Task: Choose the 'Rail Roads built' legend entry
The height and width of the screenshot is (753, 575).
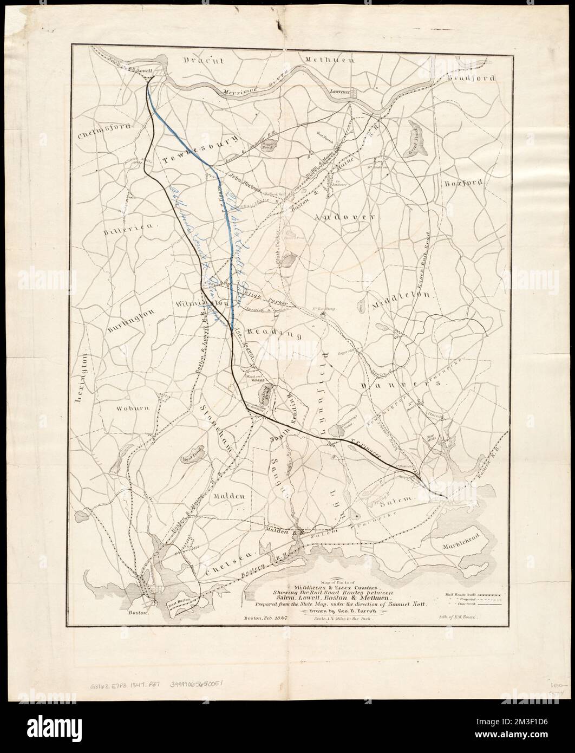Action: (467, 594)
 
